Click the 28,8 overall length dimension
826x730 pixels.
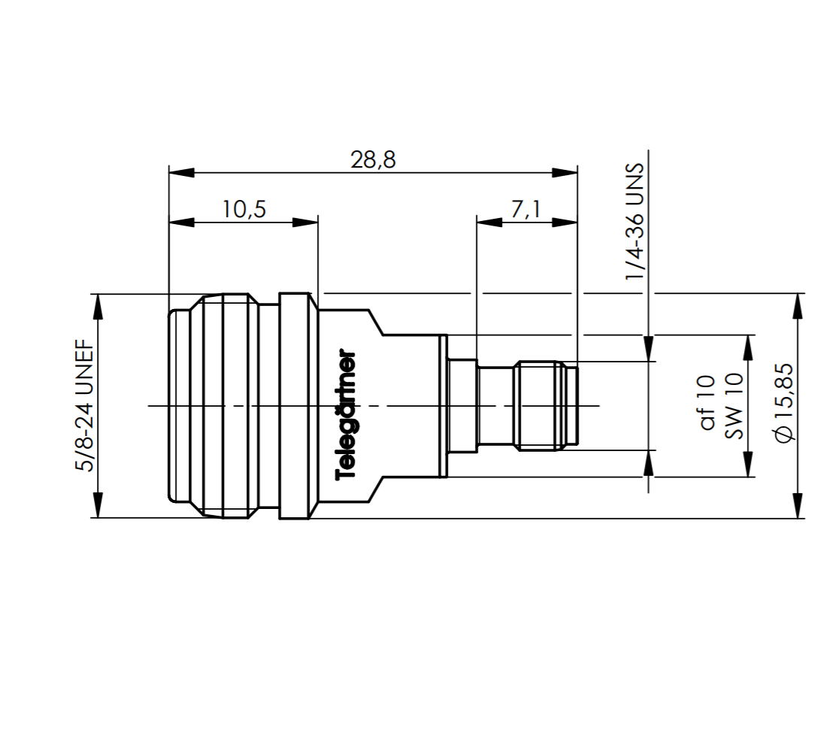[373, 159]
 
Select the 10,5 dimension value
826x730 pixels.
[244, 209]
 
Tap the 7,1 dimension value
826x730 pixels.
[525, 209]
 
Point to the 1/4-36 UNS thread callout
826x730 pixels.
[634, 221]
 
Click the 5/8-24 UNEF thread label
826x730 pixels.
[85, 405]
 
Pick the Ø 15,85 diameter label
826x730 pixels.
[784, 403]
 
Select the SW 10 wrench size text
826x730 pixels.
[734, 406]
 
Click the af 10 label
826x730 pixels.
[707, 403]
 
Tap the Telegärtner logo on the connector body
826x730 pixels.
[346, 415]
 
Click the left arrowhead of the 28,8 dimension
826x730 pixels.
[181, 172]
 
